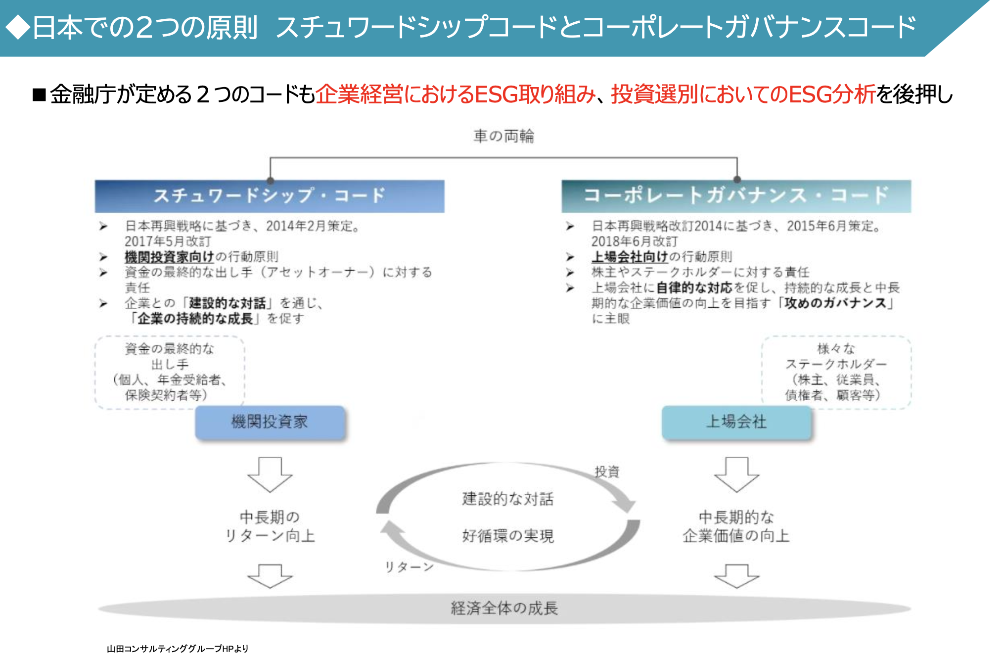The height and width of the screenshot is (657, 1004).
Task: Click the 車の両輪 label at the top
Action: (x=503, y=136)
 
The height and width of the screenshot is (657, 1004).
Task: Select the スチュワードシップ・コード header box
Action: (x=270, y=196)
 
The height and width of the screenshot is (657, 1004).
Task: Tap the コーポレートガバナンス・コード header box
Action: (x=736, y=196)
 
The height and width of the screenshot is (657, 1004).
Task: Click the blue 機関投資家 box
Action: (x=270, y=422)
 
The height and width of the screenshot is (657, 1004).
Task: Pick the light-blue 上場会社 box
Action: (x=736, y=422)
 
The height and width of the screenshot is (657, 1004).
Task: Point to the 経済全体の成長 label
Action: (x=504, y=608)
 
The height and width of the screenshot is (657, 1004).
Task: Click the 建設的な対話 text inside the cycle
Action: (x=508, y=499)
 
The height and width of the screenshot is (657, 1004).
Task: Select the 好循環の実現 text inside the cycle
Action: (x=508, y=536)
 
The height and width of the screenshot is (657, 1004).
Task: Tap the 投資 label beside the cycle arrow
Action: (x=607, y=471)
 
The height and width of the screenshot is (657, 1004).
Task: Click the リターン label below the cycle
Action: (x=409, y=567)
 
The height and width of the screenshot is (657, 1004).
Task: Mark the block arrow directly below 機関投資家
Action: (x=270, y=474)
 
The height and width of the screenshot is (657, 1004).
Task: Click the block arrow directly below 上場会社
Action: (x=736, y=474)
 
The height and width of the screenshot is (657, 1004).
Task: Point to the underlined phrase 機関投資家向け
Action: (x=169, y=257)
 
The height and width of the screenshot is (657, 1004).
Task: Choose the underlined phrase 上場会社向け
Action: (x=630, y=257)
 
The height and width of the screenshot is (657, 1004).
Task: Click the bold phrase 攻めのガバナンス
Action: (x=835, y=303)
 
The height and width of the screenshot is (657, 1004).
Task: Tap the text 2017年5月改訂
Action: (x=168, y=241)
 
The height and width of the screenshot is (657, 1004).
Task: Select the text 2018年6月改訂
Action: (x=635, y=241)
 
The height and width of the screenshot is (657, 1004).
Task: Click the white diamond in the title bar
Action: (x=18, y=27)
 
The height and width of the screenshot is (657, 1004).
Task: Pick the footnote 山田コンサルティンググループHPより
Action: (x=178, y=649)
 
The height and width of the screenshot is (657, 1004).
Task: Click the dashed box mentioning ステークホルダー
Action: (x=836, y=372)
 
